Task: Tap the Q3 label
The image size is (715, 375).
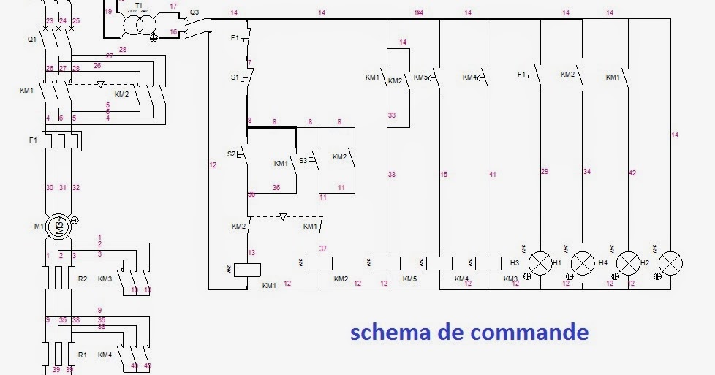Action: [194, 12]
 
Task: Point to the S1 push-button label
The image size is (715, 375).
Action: [235, 76]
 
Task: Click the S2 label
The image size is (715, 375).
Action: [232, 154]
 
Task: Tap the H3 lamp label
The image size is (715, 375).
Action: [515, 262]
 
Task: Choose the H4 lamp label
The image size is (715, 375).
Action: [602, 262]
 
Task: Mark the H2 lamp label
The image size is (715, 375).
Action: [645, 262]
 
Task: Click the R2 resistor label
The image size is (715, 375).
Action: [83, 279]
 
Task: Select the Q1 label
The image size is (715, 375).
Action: [31, 39]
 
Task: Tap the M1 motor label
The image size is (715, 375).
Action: [38, 226]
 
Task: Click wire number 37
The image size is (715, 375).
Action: [323, 249]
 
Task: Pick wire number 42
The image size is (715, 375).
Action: [632, 173]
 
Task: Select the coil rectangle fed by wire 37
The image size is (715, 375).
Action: [319, 264]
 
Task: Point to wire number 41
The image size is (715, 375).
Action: [493, 174]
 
